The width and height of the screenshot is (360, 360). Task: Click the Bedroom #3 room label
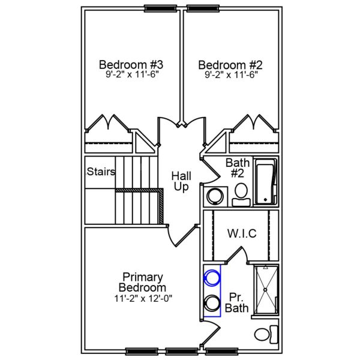(131, 64)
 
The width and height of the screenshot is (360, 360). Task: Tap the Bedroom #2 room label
(231, 64)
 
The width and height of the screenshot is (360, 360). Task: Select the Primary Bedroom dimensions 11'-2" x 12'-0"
(143, 298)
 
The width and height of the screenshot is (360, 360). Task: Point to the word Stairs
(101, 172)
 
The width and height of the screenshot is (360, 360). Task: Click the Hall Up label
(181, 181)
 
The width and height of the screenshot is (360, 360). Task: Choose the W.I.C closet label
(242, 233)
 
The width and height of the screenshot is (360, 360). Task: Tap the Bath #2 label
(238, 168)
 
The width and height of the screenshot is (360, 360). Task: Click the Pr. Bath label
(236, 303)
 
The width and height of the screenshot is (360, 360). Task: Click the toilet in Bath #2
(241, 192)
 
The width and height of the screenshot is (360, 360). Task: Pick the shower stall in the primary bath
(265, 290)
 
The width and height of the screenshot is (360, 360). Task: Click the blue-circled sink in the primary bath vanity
(211, 278)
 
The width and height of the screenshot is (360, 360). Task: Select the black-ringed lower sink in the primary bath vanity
(211, 302)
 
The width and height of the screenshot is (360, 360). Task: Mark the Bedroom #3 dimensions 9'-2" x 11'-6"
(131, 76)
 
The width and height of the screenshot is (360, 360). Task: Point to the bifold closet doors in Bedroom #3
(109, 124)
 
